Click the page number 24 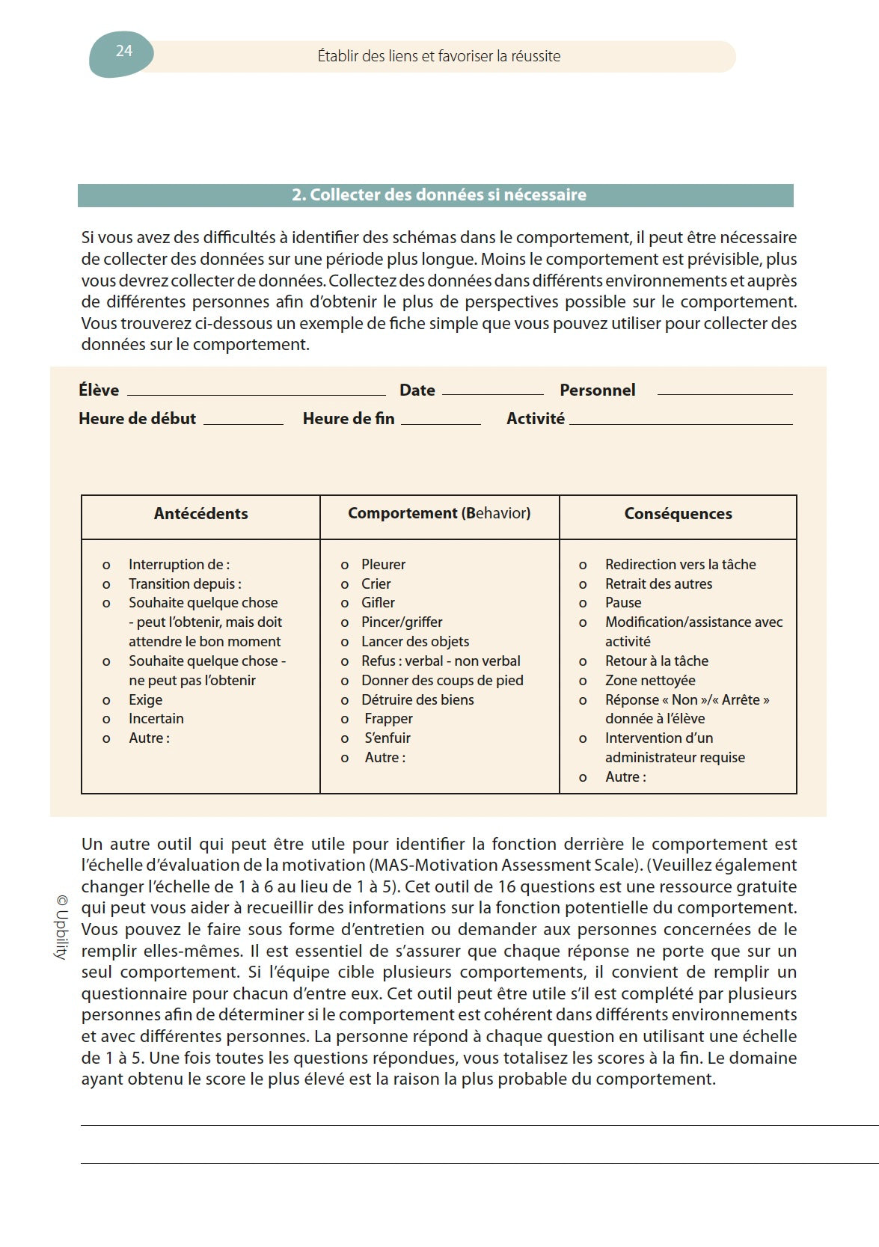[x=124, y=51]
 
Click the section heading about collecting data [x=438, y=195]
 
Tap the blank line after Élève [x=256, y=393]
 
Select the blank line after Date [x=492, y=393]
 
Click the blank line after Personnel [x=724, y=393]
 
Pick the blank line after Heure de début [x=243, y=423]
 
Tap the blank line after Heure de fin [x=441, y=423]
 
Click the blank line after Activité [x=681, y=423]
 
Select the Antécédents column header [x=200, y=514]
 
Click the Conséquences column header [x=678, y=514]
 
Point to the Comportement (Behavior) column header [x=439, y=513]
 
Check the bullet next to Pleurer [x=345, y=566]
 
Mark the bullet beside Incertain [x=106, y=720]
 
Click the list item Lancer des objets [x=415, y=642]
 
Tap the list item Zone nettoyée [x=650, y=681]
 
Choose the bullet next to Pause [x=583, y=604]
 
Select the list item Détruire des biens [x=417, y=700]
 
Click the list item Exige [x=145, y=700]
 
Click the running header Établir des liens [x=439, y=56]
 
